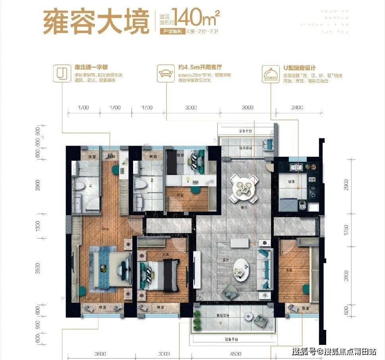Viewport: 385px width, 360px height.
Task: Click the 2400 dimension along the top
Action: point(297,107)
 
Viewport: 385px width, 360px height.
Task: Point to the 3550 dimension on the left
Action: point(38,270)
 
